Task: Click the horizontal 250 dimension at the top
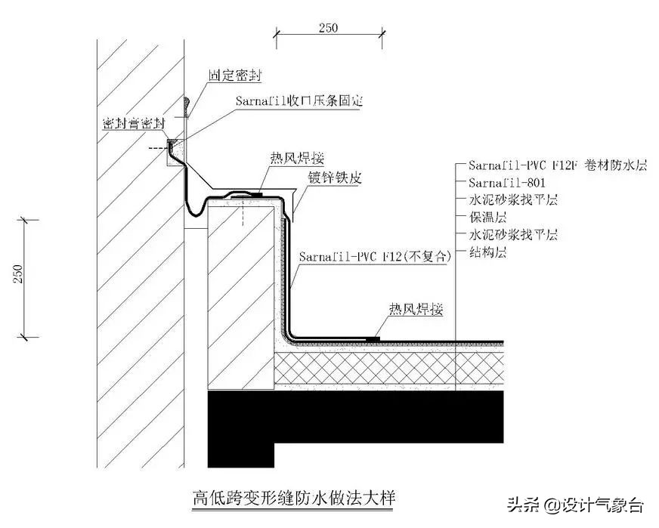[x=327, y=27]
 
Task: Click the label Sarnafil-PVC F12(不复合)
[x=375, y=257]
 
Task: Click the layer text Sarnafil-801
[x=507, y=182]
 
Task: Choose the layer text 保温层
[x=484, y=217]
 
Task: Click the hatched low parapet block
[x=240, y=295]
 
